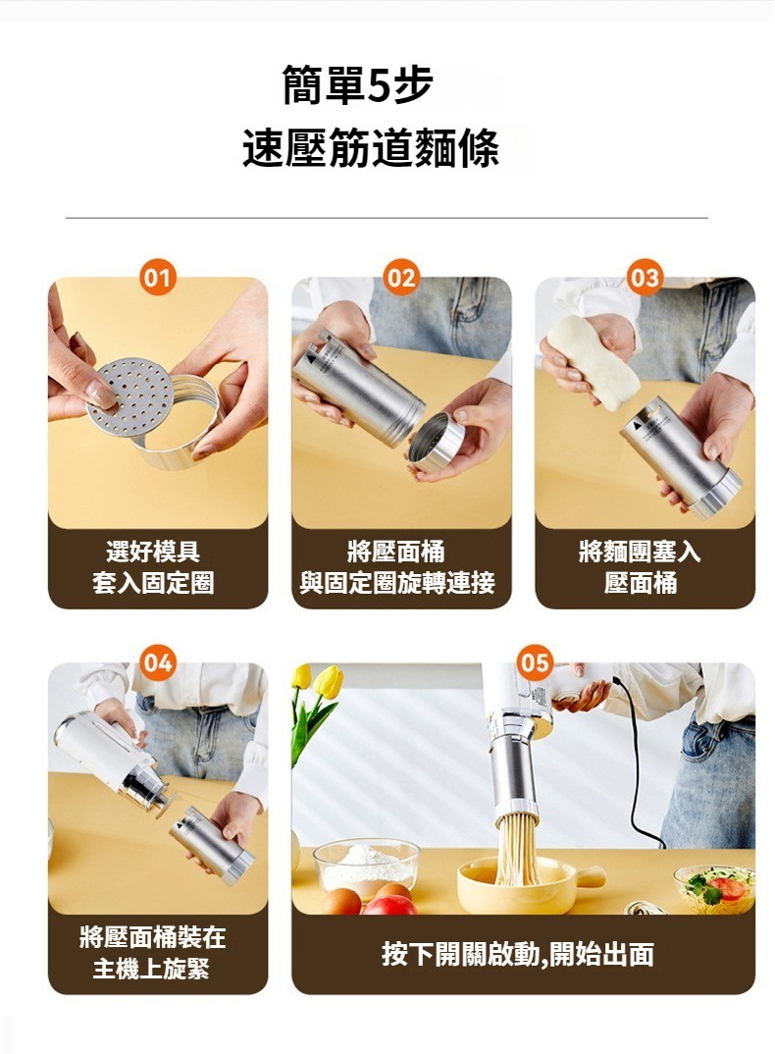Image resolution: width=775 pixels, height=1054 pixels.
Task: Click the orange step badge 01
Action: (x=158, y=278)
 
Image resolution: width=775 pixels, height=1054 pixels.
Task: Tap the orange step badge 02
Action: (x=401, y=278)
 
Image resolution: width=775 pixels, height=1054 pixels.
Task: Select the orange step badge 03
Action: (x=645, y=278)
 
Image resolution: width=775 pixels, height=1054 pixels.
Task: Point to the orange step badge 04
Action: (x=158, y=663)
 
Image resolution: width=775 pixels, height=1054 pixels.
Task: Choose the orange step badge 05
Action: (x=535, y=663)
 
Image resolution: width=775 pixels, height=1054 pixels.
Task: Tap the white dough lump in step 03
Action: (x=594, y=360)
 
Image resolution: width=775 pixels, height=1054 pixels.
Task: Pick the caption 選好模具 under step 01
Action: (x=153, y=552)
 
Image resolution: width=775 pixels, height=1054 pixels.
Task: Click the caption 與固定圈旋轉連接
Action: (x=397, y=583)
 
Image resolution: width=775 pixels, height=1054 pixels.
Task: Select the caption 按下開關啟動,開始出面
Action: (x=518, y=954)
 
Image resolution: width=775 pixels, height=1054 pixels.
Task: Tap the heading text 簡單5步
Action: (x=358, y=85)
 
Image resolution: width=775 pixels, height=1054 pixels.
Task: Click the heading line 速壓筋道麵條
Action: (x=371, y=147)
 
